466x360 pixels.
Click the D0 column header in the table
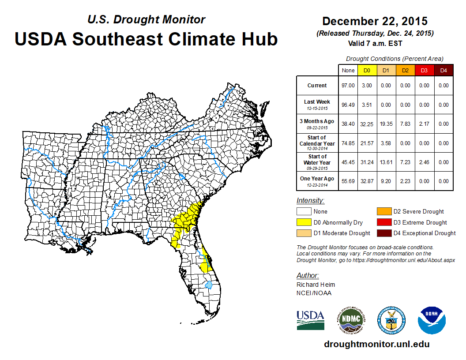point(367,70)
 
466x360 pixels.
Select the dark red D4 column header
point(443,70)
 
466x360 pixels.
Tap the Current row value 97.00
point(348,86)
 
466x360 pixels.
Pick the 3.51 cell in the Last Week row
point(367,105)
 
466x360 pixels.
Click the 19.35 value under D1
point(386,124)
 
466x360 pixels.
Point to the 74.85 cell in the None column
point(348,143)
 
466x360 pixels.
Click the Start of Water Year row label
point(317,162)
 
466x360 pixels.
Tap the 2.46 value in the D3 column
point(424,162)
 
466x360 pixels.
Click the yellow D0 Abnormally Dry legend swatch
point(304,222)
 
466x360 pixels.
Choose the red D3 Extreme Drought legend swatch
point(383,222)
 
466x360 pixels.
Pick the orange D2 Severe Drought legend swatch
point(383,212)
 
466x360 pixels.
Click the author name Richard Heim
point(316,285)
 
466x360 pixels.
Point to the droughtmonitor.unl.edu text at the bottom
point(376,344)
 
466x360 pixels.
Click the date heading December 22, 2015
point(375,21)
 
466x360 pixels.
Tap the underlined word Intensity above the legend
point(311,201)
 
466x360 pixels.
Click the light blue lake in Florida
point(209,285)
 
